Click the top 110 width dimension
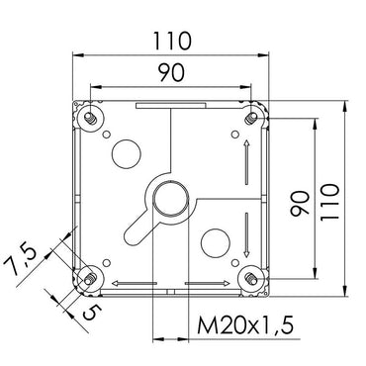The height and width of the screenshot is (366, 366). tap(171, 43)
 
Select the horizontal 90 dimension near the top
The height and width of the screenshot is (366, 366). tap(171, 71)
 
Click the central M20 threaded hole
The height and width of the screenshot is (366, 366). tap(169, 197)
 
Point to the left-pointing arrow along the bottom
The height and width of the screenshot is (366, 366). tap(124, 284)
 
